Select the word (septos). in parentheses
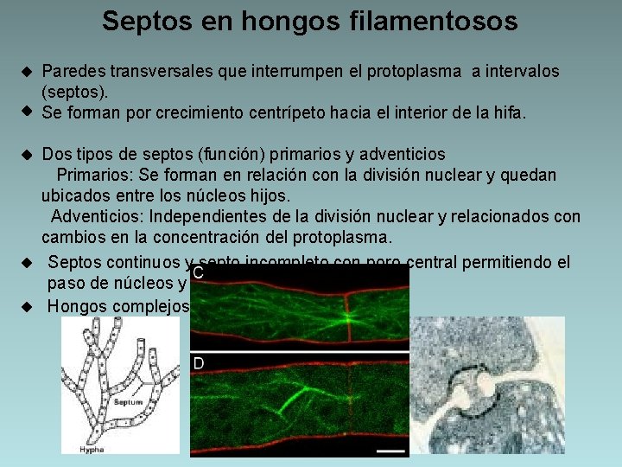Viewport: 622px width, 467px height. pos(73,92)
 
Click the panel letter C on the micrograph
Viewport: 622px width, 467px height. pos(198,273)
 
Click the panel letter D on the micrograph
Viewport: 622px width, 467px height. pos(198,363)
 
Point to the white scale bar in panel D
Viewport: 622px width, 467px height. pos(391,451)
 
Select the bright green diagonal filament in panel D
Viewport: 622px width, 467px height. pos(289,401)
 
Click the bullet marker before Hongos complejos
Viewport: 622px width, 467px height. pos(27,306)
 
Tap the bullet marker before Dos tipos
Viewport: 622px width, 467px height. pos(27,155)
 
